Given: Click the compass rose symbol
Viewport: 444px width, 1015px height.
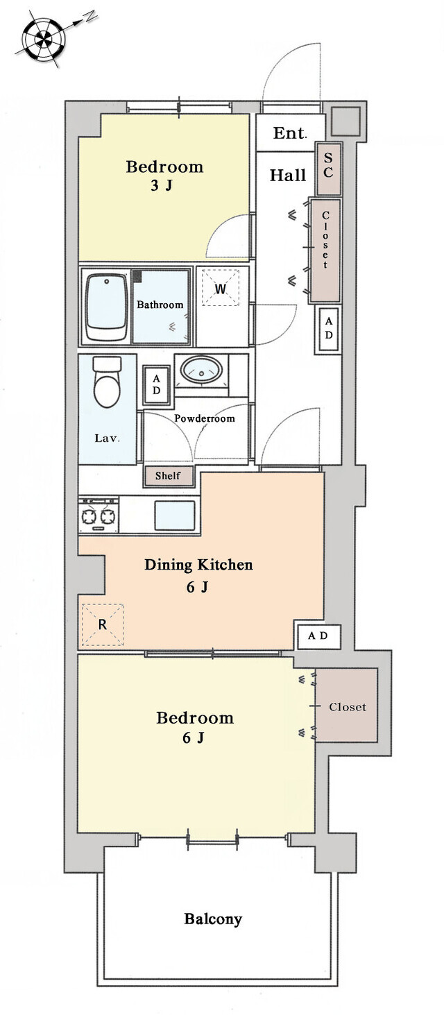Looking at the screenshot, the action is click(x=44, y=38).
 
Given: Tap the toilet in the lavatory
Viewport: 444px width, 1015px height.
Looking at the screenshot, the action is click(x=107, y=382).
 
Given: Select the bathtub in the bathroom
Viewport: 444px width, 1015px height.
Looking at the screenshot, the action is click(x=106, y=307).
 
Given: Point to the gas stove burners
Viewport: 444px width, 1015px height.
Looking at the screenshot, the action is click(x=99, y=515).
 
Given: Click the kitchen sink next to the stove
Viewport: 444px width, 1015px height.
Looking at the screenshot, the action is click(x=175, y=515).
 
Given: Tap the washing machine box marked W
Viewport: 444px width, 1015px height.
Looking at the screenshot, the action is click(x=221, y=288).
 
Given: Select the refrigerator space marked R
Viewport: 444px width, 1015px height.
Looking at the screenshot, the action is click(x=103, y=624).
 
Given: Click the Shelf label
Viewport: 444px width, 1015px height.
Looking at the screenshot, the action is click(x=168, y=476).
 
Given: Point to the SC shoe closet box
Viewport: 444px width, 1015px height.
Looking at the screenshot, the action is click(x=328, y=169).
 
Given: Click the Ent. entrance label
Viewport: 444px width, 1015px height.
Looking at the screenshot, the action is click(x=290, y=133).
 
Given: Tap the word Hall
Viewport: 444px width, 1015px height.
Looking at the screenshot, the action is click(x=288, y=175).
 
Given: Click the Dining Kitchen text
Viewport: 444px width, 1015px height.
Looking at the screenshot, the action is click(x=198, y=565).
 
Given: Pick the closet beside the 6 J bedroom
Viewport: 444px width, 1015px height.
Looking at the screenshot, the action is click(x=347, y=705).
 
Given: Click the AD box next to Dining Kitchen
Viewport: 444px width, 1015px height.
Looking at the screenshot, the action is click(x=318, y=636).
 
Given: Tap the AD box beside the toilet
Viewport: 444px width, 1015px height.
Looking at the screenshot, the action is click(x=157, y=385).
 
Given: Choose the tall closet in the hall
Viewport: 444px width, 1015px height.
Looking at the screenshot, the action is click(x=325, y=250).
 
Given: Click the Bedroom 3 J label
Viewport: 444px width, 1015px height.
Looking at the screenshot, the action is click(x=164, y=176).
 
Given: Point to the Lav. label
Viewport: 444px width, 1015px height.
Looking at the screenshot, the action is click(x=107, y=438).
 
